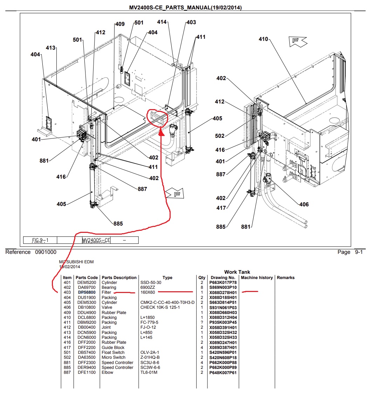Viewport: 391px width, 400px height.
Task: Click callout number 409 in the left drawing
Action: click(x=120, y=24)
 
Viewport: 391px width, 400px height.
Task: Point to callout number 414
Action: click(x=162, y=22)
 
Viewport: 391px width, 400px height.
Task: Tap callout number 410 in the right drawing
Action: click(x=263, y=39)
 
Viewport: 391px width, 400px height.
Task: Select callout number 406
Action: click(x=304, y=204)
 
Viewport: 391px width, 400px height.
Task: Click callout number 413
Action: click(x=50, y=48)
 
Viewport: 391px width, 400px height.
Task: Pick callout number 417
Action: click(x=221, y=208)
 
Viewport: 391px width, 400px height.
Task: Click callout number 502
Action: click(x=220, y=136)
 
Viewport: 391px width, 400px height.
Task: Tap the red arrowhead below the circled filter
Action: click(x=162, y=132)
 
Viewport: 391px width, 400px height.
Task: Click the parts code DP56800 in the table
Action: click(x=87, y=292)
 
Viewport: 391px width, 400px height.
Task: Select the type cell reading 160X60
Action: click(x=148, y=292)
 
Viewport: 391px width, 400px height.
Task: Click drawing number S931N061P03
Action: click(x=223, y=308)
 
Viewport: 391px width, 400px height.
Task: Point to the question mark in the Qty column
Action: click(x=202, y=322)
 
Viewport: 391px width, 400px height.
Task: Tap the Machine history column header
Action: click(x=257, y=278)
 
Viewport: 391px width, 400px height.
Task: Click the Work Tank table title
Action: click(x=237, y=272)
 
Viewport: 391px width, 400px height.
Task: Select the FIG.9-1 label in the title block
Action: click(x=40, y=240)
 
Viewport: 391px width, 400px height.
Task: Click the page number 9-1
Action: click(x=359, y=252)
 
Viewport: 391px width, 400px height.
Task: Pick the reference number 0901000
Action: click(x=46, y=252)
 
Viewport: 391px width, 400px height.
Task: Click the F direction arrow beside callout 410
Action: click(x=297, y=41)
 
